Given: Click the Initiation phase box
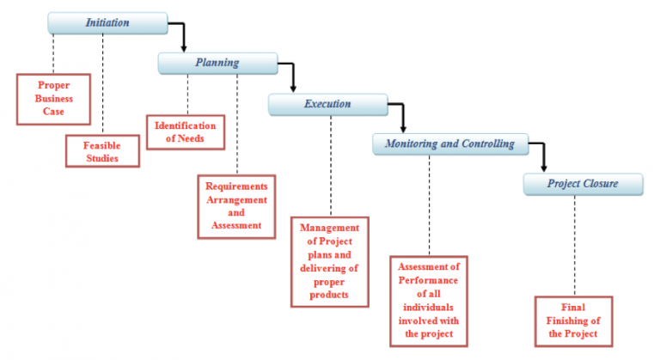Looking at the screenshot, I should (107, 23).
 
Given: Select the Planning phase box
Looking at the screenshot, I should (217, 63).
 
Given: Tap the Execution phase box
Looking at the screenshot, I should (327, 104).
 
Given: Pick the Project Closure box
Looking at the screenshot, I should (582, 183).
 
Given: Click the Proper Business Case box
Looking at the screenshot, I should (53, 98).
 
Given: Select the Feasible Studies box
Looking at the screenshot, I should (102, 151).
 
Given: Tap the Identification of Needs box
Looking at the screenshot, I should (185, 131).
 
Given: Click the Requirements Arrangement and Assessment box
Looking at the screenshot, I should (236, 206).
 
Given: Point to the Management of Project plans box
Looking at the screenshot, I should (330, 261).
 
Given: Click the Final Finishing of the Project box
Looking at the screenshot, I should (573, 320).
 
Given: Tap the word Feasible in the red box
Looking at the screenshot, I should (102, 145).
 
